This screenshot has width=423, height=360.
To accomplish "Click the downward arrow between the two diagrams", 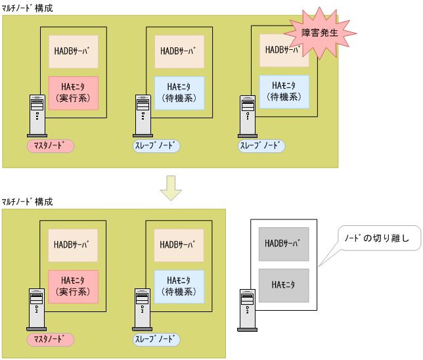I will click(x=171, y=187).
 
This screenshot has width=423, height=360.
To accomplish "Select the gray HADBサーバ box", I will click(x=283, y=244).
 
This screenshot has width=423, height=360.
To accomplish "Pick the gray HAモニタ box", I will click(x=283, y=285).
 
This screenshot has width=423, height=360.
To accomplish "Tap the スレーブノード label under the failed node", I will click(x=261, y=145).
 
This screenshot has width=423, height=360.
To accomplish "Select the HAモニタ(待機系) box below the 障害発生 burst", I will click(x=284, y=92).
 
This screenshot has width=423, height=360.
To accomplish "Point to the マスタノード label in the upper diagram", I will click(x=51, y=145).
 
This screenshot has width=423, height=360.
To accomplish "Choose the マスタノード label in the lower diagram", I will click(x=51, y=340).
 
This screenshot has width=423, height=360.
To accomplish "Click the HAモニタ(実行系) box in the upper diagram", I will click(x=74, y=93).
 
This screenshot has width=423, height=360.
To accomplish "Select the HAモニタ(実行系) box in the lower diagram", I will click(x=74, y=286).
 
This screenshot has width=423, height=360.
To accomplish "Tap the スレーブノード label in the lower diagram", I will click(x=155, y=340).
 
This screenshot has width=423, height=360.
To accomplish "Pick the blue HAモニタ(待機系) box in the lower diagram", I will click(x=179, y=286).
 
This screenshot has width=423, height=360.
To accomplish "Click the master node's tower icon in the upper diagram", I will click(x=37, y=116).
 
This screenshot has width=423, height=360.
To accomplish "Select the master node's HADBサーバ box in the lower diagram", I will click(x=74, y=245).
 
